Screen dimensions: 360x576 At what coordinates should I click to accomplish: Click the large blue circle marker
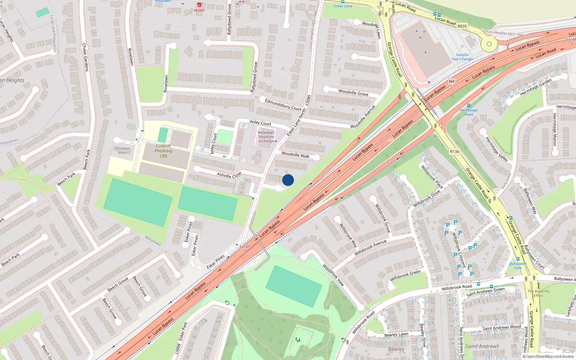coord(288,180)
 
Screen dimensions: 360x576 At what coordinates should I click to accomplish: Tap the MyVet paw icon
coord(199,5)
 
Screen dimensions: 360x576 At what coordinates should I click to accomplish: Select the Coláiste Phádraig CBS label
coord(163,151)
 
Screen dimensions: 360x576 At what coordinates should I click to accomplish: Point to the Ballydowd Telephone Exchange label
coord(266,137)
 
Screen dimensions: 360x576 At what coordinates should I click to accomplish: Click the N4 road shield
coord(451,81)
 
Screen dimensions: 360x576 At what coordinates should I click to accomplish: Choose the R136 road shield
coord(455,152)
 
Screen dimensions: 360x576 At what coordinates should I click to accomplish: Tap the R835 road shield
coord(462,26)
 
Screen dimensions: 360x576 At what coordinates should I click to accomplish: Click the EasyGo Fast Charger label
coord(463,57)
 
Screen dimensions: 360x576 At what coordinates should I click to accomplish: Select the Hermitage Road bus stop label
coord(468,112)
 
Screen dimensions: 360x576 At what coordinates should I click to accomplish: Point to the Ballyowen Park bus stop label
coord(518,266)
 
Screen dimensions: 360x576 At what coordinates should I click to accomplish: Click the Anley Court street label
coord(260,123)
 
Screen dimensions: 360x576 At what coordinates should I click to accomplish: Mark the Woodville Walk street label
coord(295,154)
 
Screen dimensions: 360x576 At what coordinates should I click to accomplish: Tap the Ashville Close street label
coord(229,175)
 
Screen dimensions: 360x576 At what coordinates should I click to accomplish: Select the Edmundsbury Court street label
coord(283,104)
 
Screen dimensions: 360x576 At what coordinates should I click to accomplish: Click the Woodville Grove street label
coord(353,93)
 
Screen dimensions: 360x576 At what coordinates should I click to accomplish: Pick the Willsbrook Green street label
coord(405,275)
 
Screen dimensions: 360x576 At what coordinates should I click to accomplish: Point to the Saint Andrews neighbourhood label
coord(482,346)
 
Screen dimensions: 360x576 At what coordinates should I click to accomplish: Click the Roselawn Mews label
coord(122,150)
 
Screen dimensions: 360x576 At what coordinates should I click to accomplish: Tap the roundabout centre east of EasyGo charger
coord(489,44)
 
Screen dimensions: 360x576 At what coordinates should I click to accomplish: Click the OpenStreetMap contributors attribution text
coord(548,357)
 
